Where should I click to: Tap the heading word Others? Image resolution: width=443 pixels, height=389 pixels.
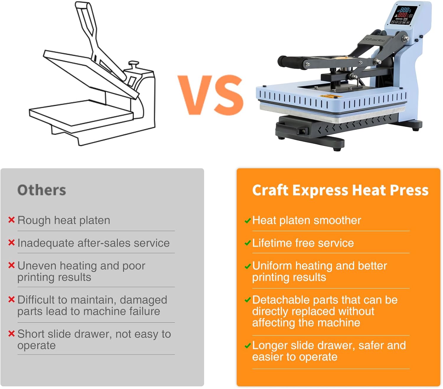click(x=42, y=190)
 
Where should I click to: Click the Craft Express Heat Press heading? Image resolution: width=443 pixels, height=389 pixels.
click(x=340, y=190)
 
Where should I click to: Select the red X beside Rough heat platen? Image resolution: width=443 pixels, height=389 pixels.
click(x=12, y=220)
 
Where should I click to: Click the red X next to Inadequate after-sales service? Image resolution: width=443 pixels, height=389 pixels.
click(x=12, y=243)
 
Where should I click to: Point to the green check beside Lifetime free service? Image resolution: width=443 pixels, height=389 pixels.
click(x=247, y=243)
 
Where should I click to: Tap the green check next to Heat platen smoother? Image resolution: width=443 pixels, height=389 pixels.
click(x=247, y=221)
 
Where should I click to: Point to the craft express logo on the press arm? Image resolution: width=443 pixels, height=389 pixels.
click(x=374, y=39)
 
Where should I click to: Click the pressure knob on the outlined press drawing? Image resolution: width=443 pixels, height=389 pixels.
click(x=133, y=63)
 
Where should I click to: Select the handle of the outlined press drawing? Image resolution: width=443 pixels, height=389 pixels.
click(x=86, y=18)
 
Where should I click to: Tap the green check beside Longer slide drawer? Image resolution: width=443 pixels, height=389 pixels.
click(x=247, y=346)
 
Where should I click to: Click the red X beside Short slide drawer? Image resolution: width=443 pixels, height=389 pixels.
click(x=12, y=334)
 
